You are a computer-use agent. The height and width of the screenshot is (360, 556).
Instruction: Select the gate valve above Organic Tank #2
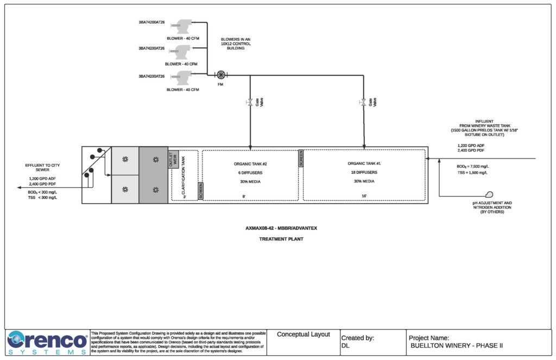click(x=250, y=102)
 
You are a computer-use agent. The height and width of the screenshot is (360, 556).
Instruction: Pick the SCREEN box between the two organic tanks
click(x=301, y=158)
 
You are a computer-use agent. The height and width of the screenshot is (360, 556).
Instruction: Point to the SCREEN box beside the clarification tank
click(x=200, y=191)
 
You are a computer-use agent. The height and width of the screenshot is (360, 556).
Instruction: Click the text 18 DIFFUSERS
click(x=364, y=172)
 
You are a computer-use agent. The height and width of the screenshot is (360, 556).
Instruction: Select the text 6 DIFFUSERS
click(x=250, y=172)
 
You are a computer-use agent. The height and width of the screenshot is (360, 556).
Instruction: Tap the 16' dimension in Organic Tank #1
click(x=363, y=197)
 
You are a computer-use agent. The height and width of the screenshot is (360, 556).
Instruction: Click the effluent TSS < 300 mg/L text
click(x=42, y=197)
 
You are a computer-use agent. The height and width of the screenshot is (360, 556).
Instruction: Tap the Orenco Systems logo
click(x=47, y=343)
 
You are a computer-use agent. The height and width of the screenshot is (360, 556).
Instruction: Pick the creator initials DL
click(x=345, y=345)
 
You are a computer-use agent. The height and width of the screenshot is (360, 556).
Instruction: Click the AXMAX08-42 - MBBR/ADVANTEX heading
click(x=281, y=228)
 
